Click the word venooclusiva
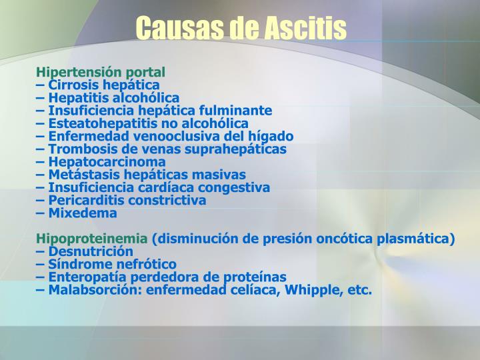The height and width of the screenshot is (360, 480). pos(186,136)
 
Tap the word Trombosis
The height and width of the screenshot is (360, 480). pos(77,149)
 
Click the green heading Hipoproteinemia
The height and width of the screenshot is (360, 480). pos(92,239)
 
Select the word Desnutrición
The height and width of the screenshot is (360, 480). pos(91,251)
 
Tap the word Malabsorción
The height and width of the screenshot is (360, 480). pos(91,290)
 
